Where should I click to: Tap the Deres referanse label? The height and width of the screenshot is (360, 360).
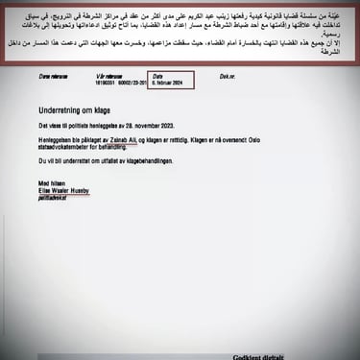point(55,75)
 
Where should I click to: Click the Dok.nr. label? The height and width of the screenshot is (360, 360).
point(227,75)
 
